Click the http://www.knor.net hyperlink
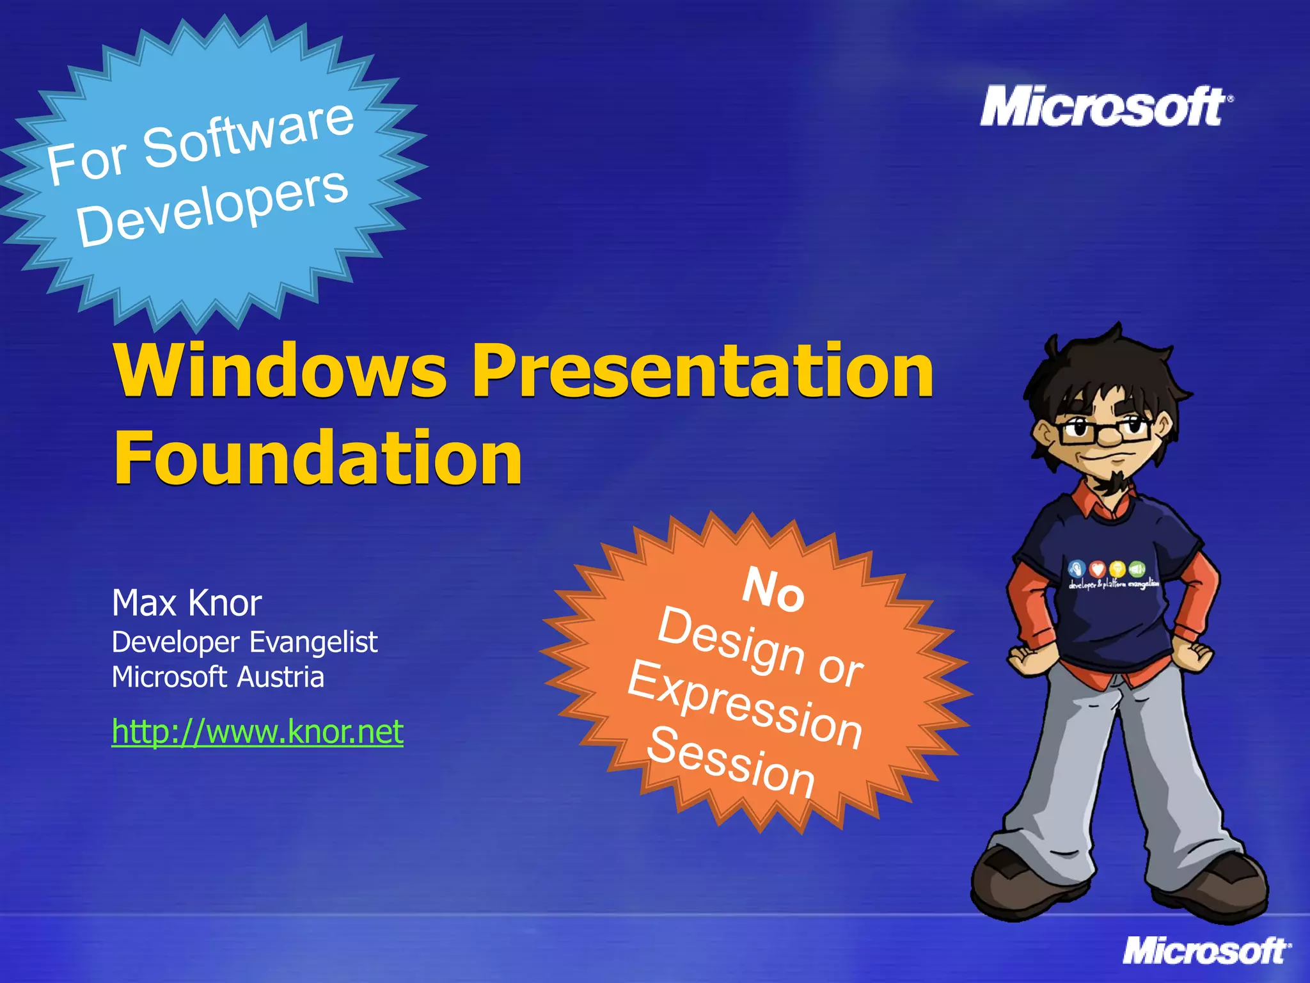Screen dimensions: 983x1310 pos(257,731)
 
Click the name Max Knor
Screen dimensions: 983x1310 pos(187,603)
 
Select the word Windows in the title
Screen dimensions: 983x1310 pos(280,372)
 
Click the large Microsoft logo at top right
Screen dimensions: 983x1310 pos(1105,107)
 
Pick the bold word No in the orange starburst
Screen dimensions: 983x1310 pos(773,589)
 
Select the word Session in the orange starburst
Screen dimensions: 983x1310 pos(731,762)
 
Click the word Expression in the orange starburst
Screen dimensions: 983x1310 pos(746,704)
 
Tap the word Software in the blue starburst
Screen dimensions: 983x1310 pos(248,134)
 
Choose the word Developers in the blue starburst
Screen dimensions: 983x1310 pos(212,208)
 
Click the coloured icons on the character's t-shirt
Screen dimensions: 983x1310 pos(1107,569)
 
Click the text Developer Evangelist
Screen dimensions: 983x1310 pos(244,642)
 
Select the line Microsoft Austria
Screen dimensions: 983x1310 pos(217,677)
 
